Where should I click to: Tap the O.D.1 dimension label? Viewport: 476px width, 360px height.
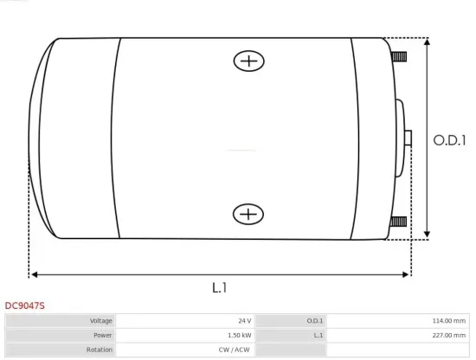(x=449, y=139)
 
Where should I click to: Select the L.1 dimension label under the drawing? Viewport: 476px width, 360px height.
(x=219, y=286)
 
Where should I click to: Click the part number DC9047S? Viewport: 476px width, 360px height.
(x=25, y=305)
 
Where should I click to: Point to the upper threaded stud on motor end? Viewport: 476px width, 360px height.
(x=398, y=58)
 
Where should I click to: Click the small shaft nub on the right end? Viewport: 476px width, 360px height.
(x=407, y=138)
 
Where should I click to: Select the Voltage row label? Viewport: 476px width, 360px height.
(x=101, y=321)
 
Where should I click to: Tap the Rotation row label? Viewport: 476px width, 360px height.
(x=100, y=349)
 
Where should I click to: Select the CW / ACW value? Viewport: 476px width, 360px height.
(x=236, y=349)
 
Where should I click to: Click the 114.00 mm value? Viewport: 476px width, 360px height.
(x=448, y=321)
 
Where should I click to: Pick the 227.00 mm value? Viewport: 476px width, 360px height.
(x=448, y=335)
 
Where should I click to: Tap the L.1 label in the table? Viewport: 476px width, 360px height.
(x=318, y=335)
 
